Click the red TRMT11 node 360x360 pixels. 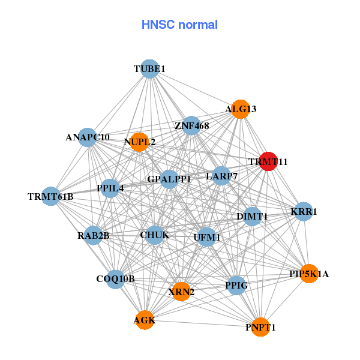[267, 161]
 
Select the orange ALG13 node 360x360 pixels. [240, 109]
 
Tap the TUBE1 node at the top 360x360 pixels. [149, 69]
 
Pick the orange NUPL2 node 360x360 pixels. [139, 142]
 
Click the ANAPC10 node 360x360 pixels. [88, 137]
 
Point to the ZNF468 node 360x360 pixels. [191, 126]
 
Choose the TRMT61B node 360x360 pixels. [51, 196]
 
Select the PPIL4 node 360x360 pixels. [110, 188]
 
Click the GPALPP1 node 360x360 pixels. [169, 179]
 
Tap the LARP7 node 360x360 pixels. [221, 176]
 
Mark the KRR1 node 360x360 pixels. [304, 211]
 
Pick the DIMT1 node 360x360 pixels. [252, 216]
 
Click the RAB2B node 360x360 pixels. [94, 235]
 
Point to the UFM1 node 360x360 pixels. [206, 237]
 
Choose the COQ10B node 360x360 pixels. [116, 278]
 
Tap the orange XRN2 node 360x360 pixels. [181, 292]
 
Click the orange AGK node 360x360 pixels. [145, 320]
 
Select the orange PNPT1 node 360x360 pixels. [260, 327]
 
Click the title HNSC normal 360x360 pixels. [179, 25]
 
